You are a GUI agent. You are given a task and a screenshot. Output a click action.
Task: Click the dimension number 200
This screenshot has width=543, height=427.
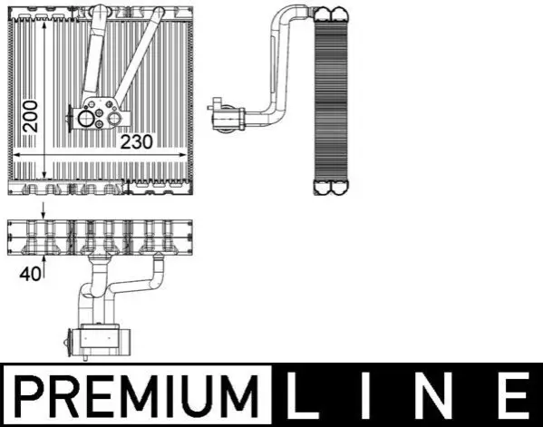[x=31, y=116]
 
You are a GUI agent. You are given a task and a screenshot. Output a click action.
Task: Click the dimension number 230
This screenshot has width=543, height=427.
[x=137, y=142]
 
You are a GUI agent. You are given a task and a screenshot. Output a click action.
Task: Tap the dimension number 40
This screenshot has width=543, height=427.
[x=30, y=275]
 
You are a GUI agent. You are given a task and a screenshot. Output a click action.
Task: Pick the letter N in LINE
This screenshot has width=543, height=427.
[x=437, y=395]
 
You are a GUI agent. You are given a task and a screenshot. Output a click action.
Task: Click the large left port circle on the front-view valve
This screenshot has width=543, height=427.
[x=85, y=119]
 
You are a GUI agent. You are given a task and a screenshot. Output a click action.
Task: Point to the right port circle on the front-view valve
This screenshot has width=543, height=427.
[x=114, y=119]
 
